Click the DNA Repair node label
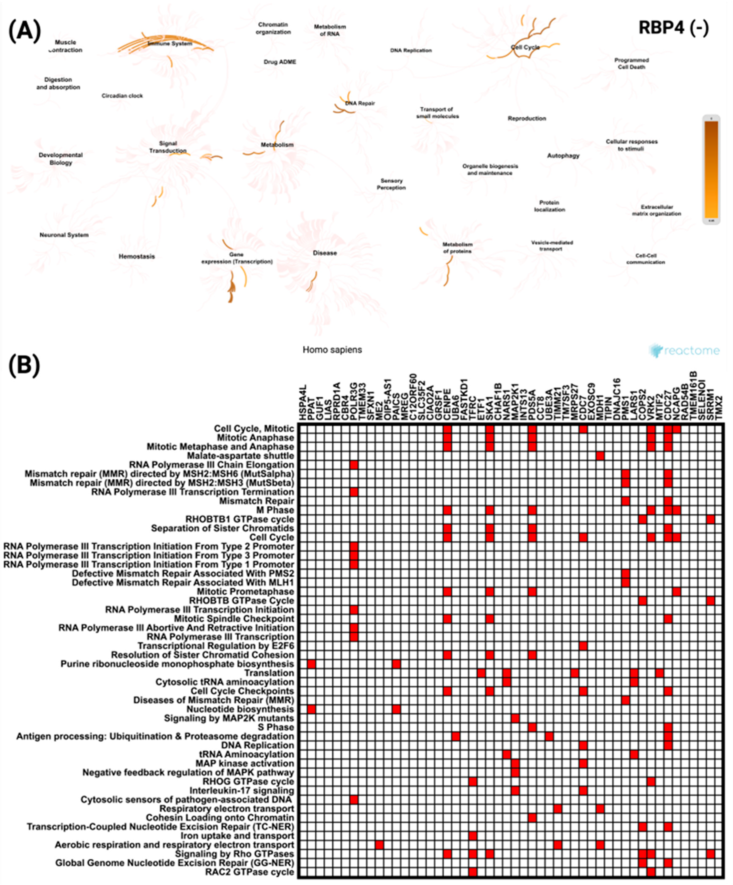click(x=360, y=103)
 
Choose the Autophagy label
click(x=563, y=155)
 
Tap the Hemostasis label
click(x=137, y=256)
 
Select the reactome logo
click(x=684, y=350)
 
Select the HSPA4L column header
click(x=303, y=402)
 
